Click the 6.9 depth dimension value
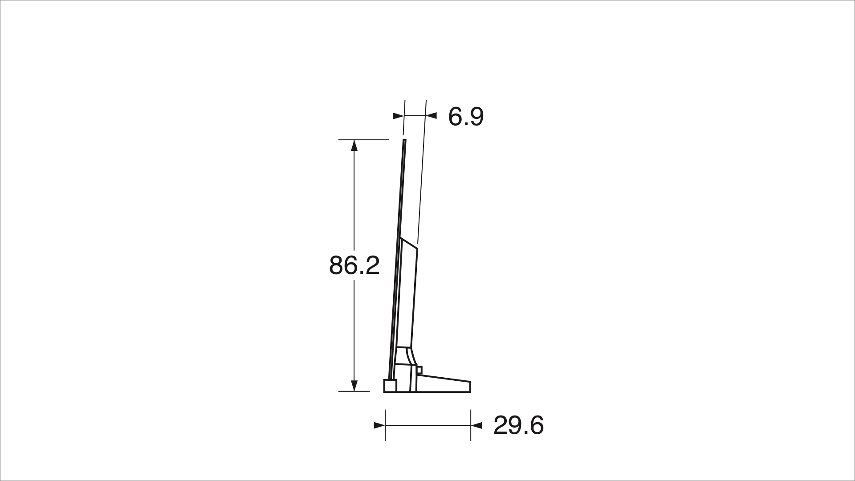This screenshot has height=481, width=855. pyautogui.click(x=465, y=117)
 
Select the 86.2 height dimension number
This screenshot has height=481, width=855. pyautogui.click(x=354, y=265)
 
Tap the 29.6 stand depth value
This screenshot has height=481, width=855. pyautogui.click(x=518, y=425)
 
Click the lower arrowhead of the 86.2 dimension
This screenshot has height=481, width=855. pyautogui.click(x=354, y=386)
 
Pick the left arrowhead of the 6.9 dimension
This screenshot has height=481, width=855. pyautogui.click(x=398, y=116)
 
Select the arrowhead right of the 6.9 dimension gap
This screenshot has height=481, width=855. pyautogui.click(x=431, y=116)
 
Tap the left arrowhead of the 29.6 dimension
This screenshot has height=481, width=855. pyautogui.click(x=379, y=426)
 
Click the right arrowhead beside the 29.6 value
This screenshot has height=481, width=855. pyautogui.click(x=476, y=426)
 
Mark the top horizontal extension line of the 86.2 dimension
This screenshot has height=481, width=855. pyautogui.click(x=363, y=140)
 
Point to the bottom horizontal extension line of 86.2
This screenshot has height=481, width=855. pyautogui.click(x=354, y=391)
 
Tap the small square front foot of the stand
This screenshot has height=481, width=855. pyautogui.click(x=391, y=386)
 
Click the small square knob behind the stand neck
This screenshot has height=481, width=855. pyautogui.click(x=419, y=370)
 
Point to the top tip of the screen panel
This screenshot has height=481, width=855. pyautogui.click(x=405, y=141)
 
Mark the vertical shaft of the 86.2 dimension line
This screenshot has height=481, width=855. pyautogui.click(x=354, y=200)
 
